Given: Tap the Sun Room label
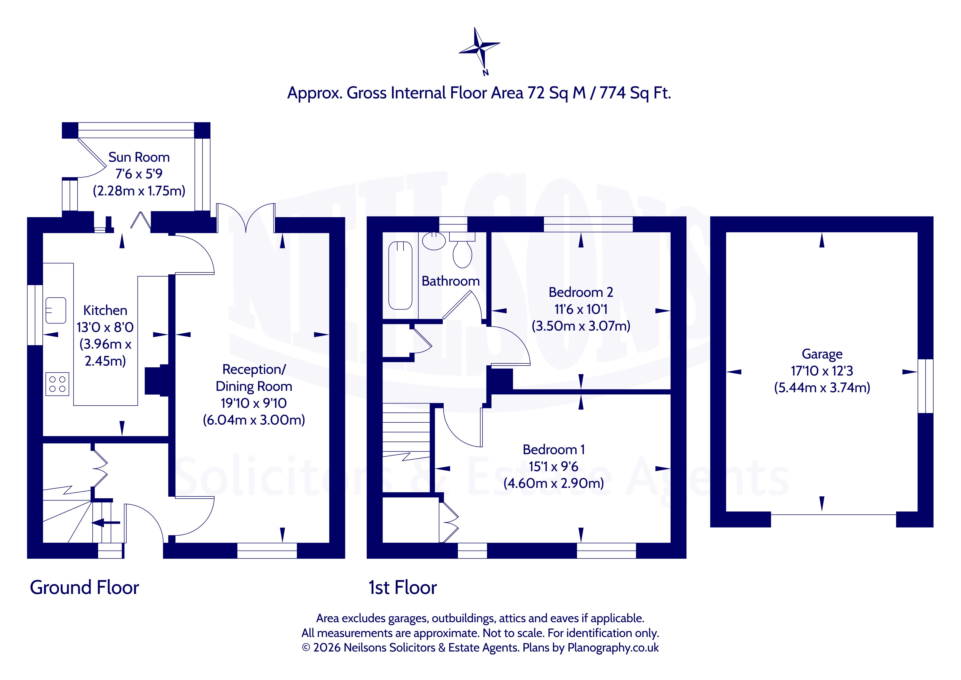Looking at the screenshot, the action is (139, 157).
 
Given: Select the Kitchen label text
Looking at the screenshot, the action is (105, 310).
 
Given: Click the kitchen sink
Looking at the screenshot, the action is (56, 310).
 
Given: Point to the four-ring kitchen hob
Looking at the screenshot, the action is (57, 384).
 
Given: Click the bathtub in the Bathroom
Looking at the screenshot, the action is (401, 275).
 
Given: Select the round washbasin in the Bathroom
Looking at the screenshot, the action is (434, 241).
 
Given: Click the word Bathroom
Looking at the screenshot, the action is (450, 281).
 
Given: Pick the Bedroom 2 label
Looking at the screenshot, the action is (581, 292).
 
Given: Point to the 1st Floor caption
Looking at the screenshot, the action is (403, 587).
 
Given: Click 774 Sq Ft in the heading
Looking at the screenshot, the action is (635, 93).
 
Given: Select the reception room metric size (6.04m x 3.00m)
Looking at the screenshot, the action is (254, 420).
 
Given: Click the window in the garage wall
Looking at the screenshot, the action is (925, 386).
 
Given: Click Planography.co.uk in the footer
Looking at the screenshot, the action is (613, 648).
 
